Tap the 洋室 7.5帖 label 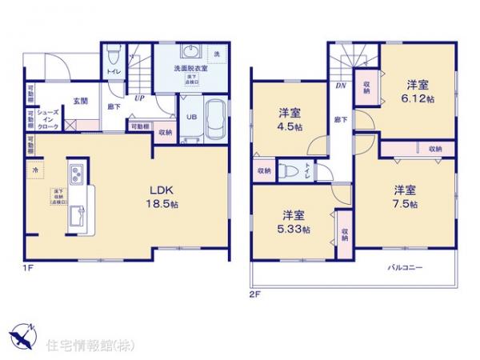404,197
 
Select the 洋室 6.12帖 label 417,90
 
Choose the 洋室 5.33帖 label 294,222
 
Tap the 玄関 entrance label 81,101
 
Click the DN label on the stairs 340,86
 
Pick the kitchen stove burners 78,174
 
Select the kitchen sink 77,214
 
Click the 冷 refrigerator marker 34,170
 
